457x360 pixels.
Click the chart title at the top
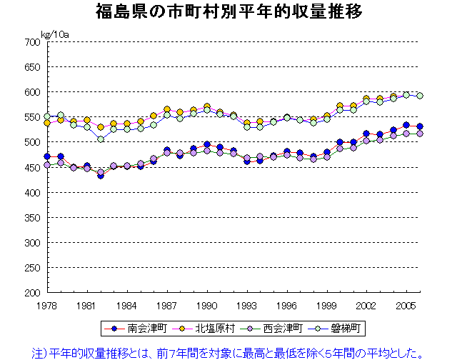tap(228, 11)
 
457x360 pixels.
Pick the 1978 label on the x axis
tap(47, 305)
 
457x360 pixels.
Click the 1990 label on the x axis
tap(207, 305)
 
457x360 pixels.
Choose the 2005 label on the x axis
tap(407, 305)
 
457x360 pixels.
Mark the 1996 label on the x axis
tap(287, 305)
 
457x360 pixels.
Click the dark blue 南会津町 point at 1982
tap(101, 175)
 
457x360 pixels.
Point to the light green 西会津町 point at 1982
tap(101, 139)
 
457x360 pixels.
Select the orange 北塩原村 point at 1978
tap(47, 123)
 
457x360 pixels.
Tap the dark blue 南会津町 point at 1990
tap(207, 145)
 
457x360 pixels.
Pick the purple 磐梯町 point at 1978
tap(47, 165)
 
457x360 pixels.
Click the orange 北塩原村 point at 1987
tap(167, 109)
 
